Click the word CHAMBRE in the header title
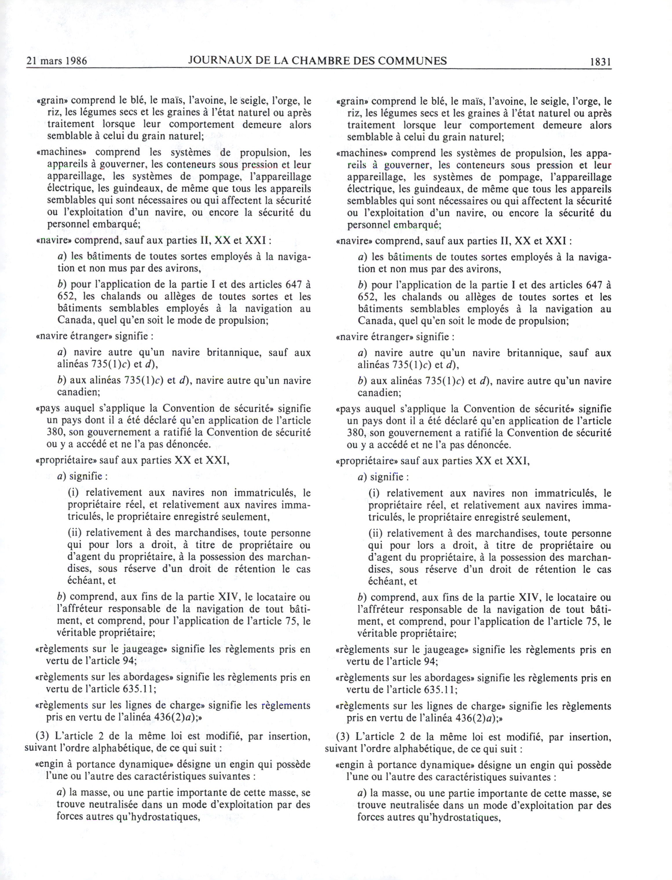pos(320,60)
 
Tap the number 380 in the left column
pos(56,432)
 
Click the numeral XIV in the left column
pos(228,597)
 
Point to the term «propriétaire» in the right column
pos(366,461)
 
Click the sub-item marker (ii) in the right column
pos(375,533)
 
